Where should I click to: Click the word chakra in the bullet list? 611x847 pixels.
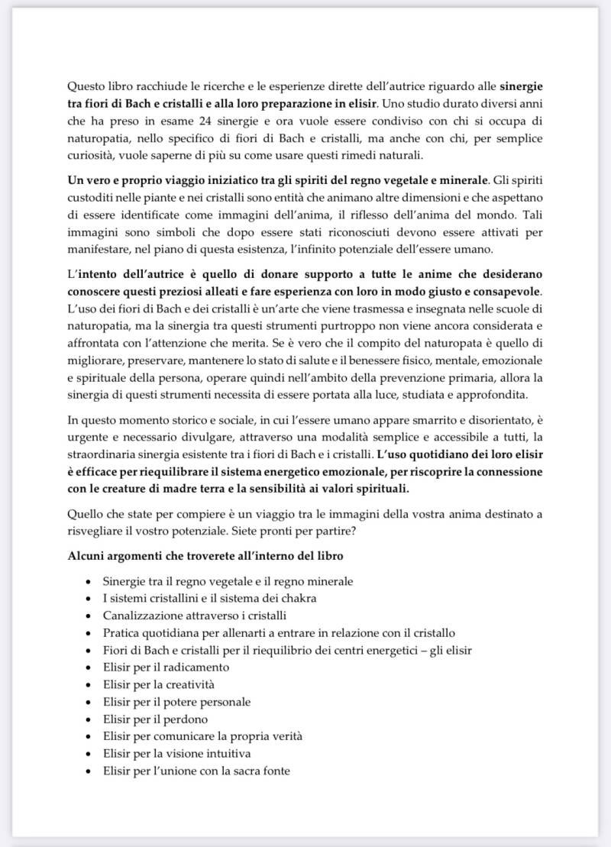point(296,598)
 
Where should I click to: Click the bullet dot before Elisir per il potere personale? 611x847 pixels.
point(92,702)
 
